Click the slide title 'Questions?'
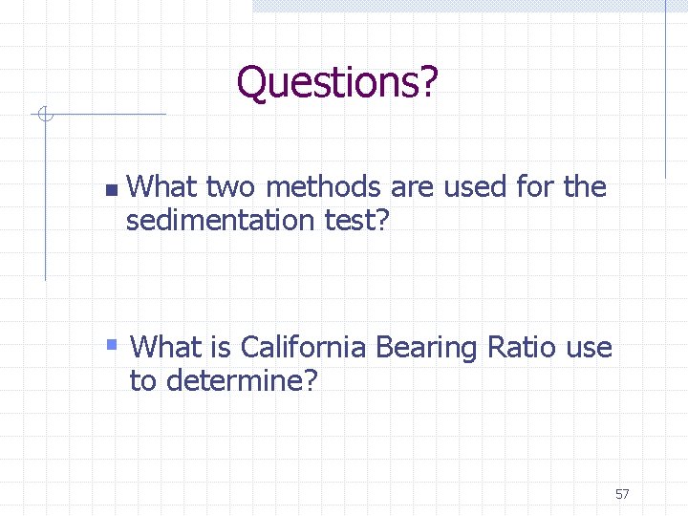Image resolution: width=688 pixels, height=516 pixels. (x=337, y=83)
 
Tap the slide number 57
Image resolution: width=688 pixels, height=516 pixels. (x=622, y=494)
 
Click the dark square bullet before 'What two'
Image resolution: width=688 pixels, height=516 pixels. (x=111, y=190)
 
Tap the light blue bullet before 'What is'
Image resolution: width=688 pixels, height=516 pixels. (x=112, y=343)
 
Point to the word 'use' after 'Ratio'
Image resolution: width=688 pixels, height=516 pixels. (x=589, y=348)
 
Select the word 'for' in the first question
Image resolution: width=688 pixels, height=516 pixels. (x=536, y=186)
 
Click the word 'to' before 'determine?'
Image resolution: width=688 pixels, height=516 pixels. (x=142, y=380)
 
